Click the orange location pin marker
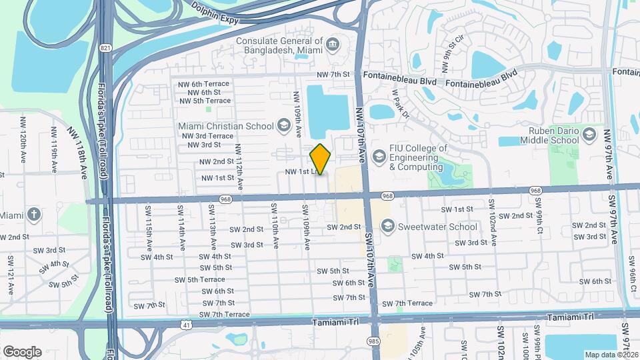point(321,159)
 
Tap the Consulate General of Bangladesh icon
point(333,45)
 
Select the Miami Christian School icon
point(283,125)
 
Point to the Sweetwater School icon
point(387,226)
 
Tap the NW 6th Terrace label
point(203,83)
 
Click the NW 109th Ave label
point(297,107)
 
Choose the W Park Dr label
point(400,103)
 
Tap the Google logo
point(22,351)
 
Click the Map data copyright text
point(611,355)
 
